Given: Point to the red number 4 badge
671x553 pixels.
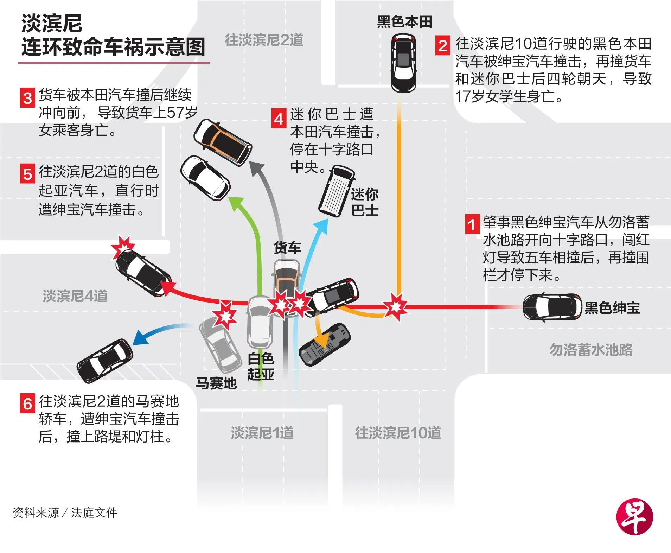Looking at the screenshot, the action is (279, 119).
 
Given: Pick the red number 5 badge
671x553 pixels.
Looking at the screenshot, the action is (27, 174).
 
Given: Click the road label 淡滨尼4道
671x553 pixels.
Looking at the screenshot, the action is (75, 296).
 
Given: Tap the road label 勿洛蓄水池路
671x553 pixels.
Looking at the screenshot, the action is (591, 350).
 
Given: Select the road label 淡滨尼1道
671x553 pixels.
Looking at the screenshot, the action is (262, 433).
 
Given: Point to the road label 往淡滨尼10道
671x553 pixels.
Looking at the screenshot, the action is (398, 433).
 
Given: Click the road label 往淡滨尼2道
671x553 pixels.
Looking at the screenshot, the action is (264, 40).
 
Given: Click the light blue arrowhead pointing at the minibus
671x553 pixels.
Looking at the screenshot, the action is (321, 227).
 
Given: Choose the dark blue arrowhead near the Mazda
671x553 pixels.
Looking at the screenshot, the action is (140, 337).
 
